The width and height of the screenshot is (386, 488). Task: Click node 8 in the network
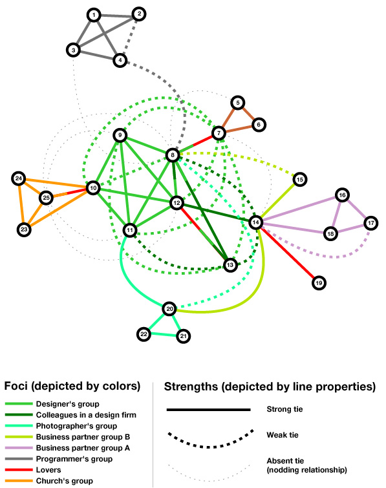[173, 155]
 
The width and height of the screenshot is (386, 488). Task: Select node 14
[255, 222]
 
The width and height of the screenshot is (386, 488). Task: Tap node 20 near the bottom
[169, 309]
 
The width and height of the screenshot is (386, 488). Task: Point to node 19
[319, 283]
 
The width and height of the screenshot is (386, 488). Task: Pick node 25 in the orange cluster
[46, 198]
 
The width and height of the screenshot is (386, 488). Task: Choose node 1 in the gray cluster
[94, 15]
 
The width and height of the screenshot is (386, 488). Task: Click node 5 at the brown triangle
[238, 102]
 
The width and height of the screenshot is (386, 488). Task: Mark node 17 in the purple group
[370, 223]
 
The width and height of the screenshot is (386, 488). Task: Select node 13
[230, 265]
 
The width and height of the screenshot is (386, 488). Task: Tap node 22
[144, 334]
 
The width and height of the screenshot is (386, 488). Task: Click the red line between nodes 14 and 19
[287, 253]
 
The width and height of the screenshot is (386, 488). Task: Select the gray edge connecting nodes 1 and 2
[116, 15]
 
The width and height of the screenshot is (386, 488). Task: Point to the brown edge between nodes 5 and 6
[248, 114]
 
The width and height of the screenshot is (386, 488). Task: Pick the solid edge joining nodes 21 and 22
[164, 335]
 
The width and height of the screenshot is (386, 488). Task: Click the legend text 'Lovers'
[48, 470]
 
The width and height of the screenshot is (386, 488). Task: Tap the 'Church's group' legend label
[65, 481]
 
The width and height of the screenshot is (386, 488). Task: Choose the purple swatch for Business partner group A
[19, 447]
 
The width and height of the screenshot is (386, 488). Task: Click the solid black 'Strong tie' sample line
[209, 410]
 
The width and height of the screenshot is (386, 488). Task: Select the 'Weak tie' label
[283, 435]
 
